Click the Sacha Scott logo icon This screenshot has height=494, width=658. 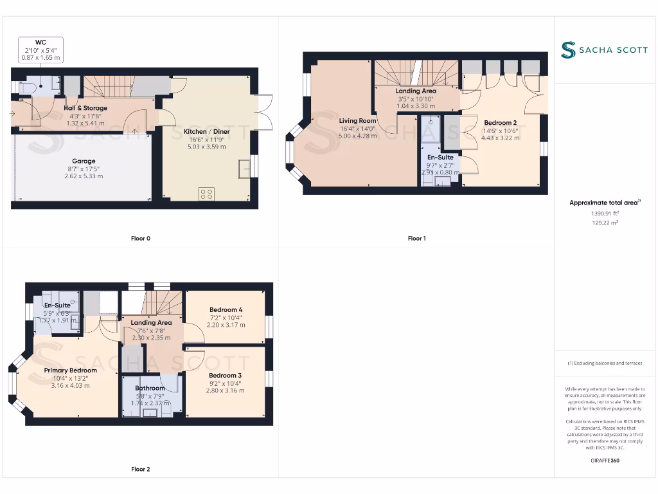pos(568,50)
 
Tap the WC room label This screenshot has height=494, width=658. pos(40,42)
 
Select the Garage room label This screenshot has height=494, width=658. pos(84,161)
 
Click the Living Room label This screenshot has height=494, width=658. pos(358,121)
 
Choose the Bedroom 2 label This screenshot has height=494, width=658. pos(500,123)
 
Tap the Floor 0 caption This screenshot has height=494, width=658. pos(140,239)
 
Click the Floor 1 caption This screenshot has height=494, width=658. pos(416,239)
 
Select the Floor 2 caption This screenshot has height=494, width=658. pos(140,470)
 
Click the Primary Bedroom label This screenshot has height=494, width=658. pos(71,370)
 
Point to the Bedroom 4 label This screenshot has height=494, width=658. pos(226,310)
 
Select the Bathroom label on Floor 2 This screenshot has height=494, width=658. pos(150,389)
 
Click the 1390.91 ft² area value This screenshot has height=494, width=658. pos(605,213)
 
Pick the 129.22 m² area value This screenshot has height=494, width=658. pos(605,223)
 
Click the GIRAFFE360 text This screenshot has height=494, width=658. pos(605,461)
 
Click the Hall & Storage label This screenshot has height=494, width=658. pos(85,108)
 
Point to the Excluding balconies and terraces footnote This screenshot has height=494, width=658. pos(605,363)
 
